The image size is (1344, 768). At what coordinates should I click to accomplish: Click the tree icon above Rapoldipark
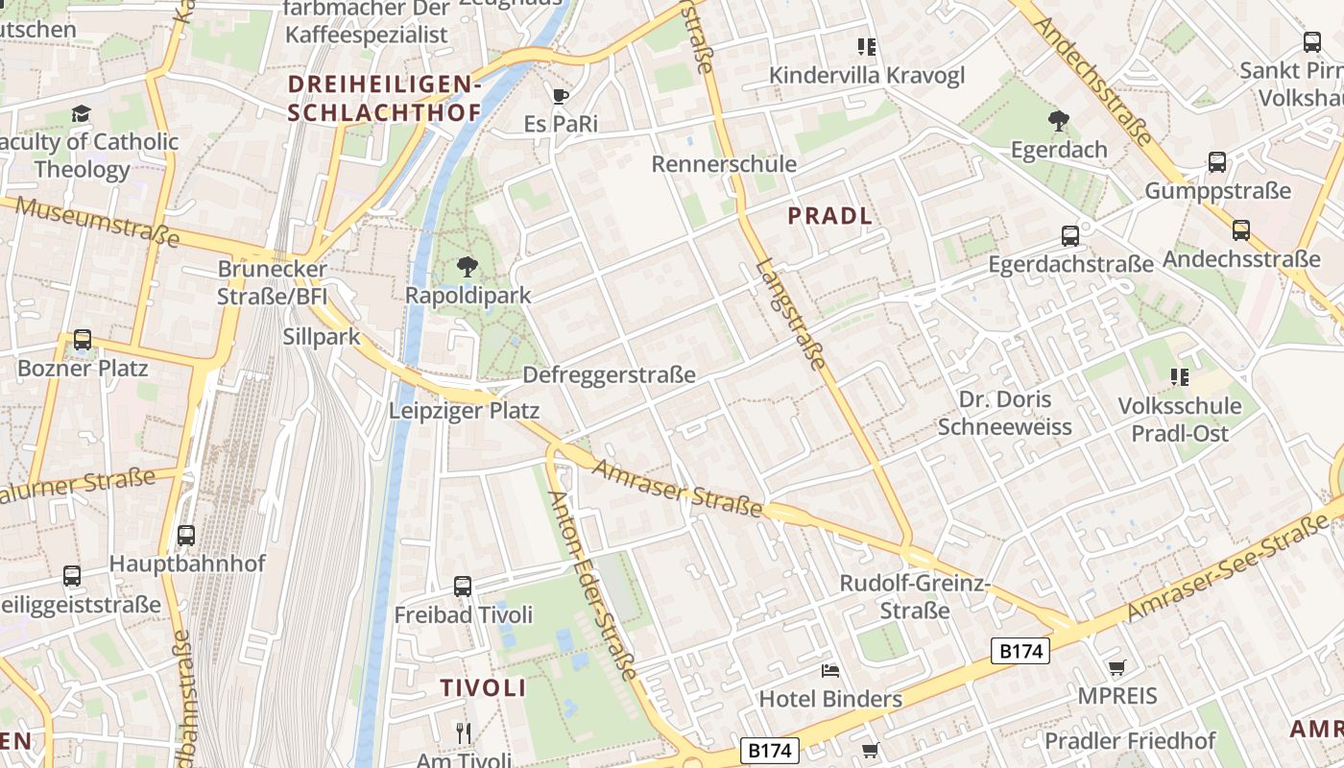pos(468,267)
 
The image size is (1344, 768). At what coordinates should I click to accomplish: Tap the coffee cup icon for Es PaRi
pos(561,96)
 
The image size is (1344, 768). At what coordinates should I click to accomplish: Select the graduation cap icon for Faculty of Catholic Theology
pos(82,114)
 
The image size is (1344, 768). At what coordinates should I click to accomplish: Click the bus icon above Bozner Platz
pos(83,340)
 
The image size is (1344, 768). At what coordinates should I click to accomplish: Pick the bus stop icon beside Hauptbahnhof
pos(186,536)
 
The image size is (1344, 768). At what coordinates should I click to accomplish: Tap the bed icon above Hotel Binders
pos(830,670)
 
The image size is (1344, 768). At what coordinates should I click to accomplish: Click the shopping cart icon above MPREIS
pos(1116,667)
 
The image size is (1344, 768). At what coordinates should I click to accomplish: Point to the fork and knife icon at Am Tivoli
pos(464,733)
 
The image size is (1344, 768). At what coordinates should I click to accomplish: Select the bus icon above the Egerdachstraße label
pos(1070,236)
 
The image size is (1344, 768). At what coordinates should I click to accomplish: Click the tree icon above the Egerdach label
pos(1059,121)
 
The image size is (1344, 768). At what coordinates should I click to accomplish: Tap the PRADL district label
pos(830,216)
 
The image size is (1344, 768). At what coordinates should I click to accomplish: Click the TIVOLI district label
pos(483,687)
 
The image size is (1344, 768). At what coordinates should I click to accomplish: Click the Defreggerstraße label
pos(609,375)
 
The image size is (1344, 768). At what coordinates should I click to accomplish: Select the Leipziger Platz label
pos(464,411)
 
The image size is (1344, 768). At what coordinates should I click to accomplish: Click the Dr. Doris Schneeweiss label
pos(1004,413)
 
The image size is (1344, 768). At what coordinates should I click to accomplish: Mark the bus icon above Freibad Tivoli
pos(463,587)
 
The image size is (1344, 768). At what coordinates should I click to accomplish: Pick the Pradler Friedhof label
pos(1130,741)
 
